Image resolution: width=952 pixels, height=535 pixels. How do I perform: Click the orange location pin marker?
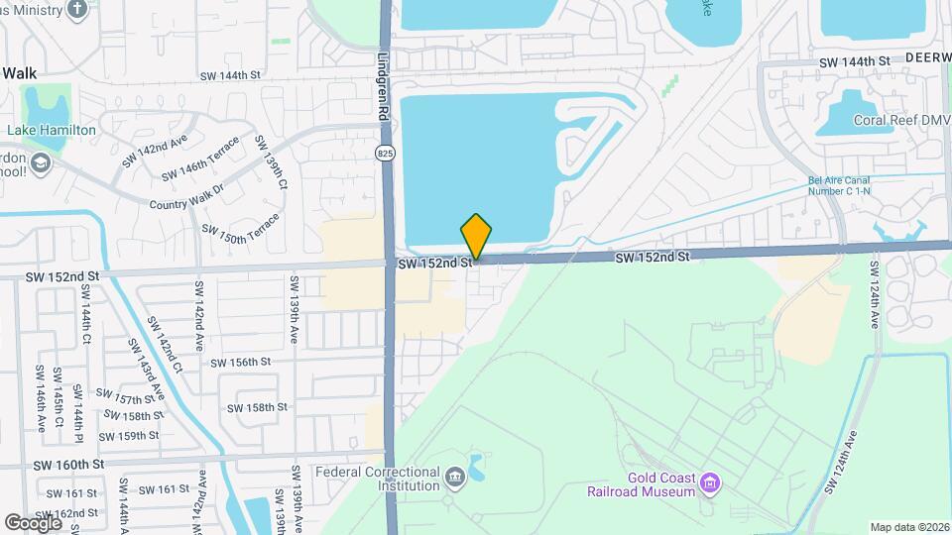(x=476, y=237)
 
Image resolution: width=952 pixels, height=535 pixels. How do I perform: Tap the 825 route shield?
(x=386, y=153)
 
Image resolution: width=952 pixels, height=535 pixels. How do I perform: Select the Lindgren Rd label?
(x=384, y=87)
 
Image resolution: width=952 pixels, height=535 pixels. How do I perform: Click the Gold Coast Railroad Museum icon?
(x=709, y=483)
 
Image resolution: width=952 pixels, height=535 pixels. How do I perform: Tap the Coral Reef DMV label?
(x=896, y=122)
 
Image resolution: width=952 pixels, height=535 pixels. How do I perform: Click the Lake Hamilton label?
(x=52, y=131)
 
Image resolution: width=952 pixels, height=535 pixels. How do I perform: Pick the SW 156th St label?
(x=240, y=363)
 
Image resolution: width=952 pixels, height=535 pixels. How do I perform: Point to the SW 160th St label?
(x=68, y=465)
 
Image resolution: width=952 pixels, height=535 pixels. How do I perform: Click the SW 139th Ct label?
(x=271, y=164)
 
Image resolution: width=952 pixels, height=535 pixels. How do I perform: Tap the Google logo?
(x=33, y=522)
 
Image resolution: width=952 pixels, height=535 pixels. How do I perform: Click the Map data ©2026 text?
(x=908, y=527)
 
